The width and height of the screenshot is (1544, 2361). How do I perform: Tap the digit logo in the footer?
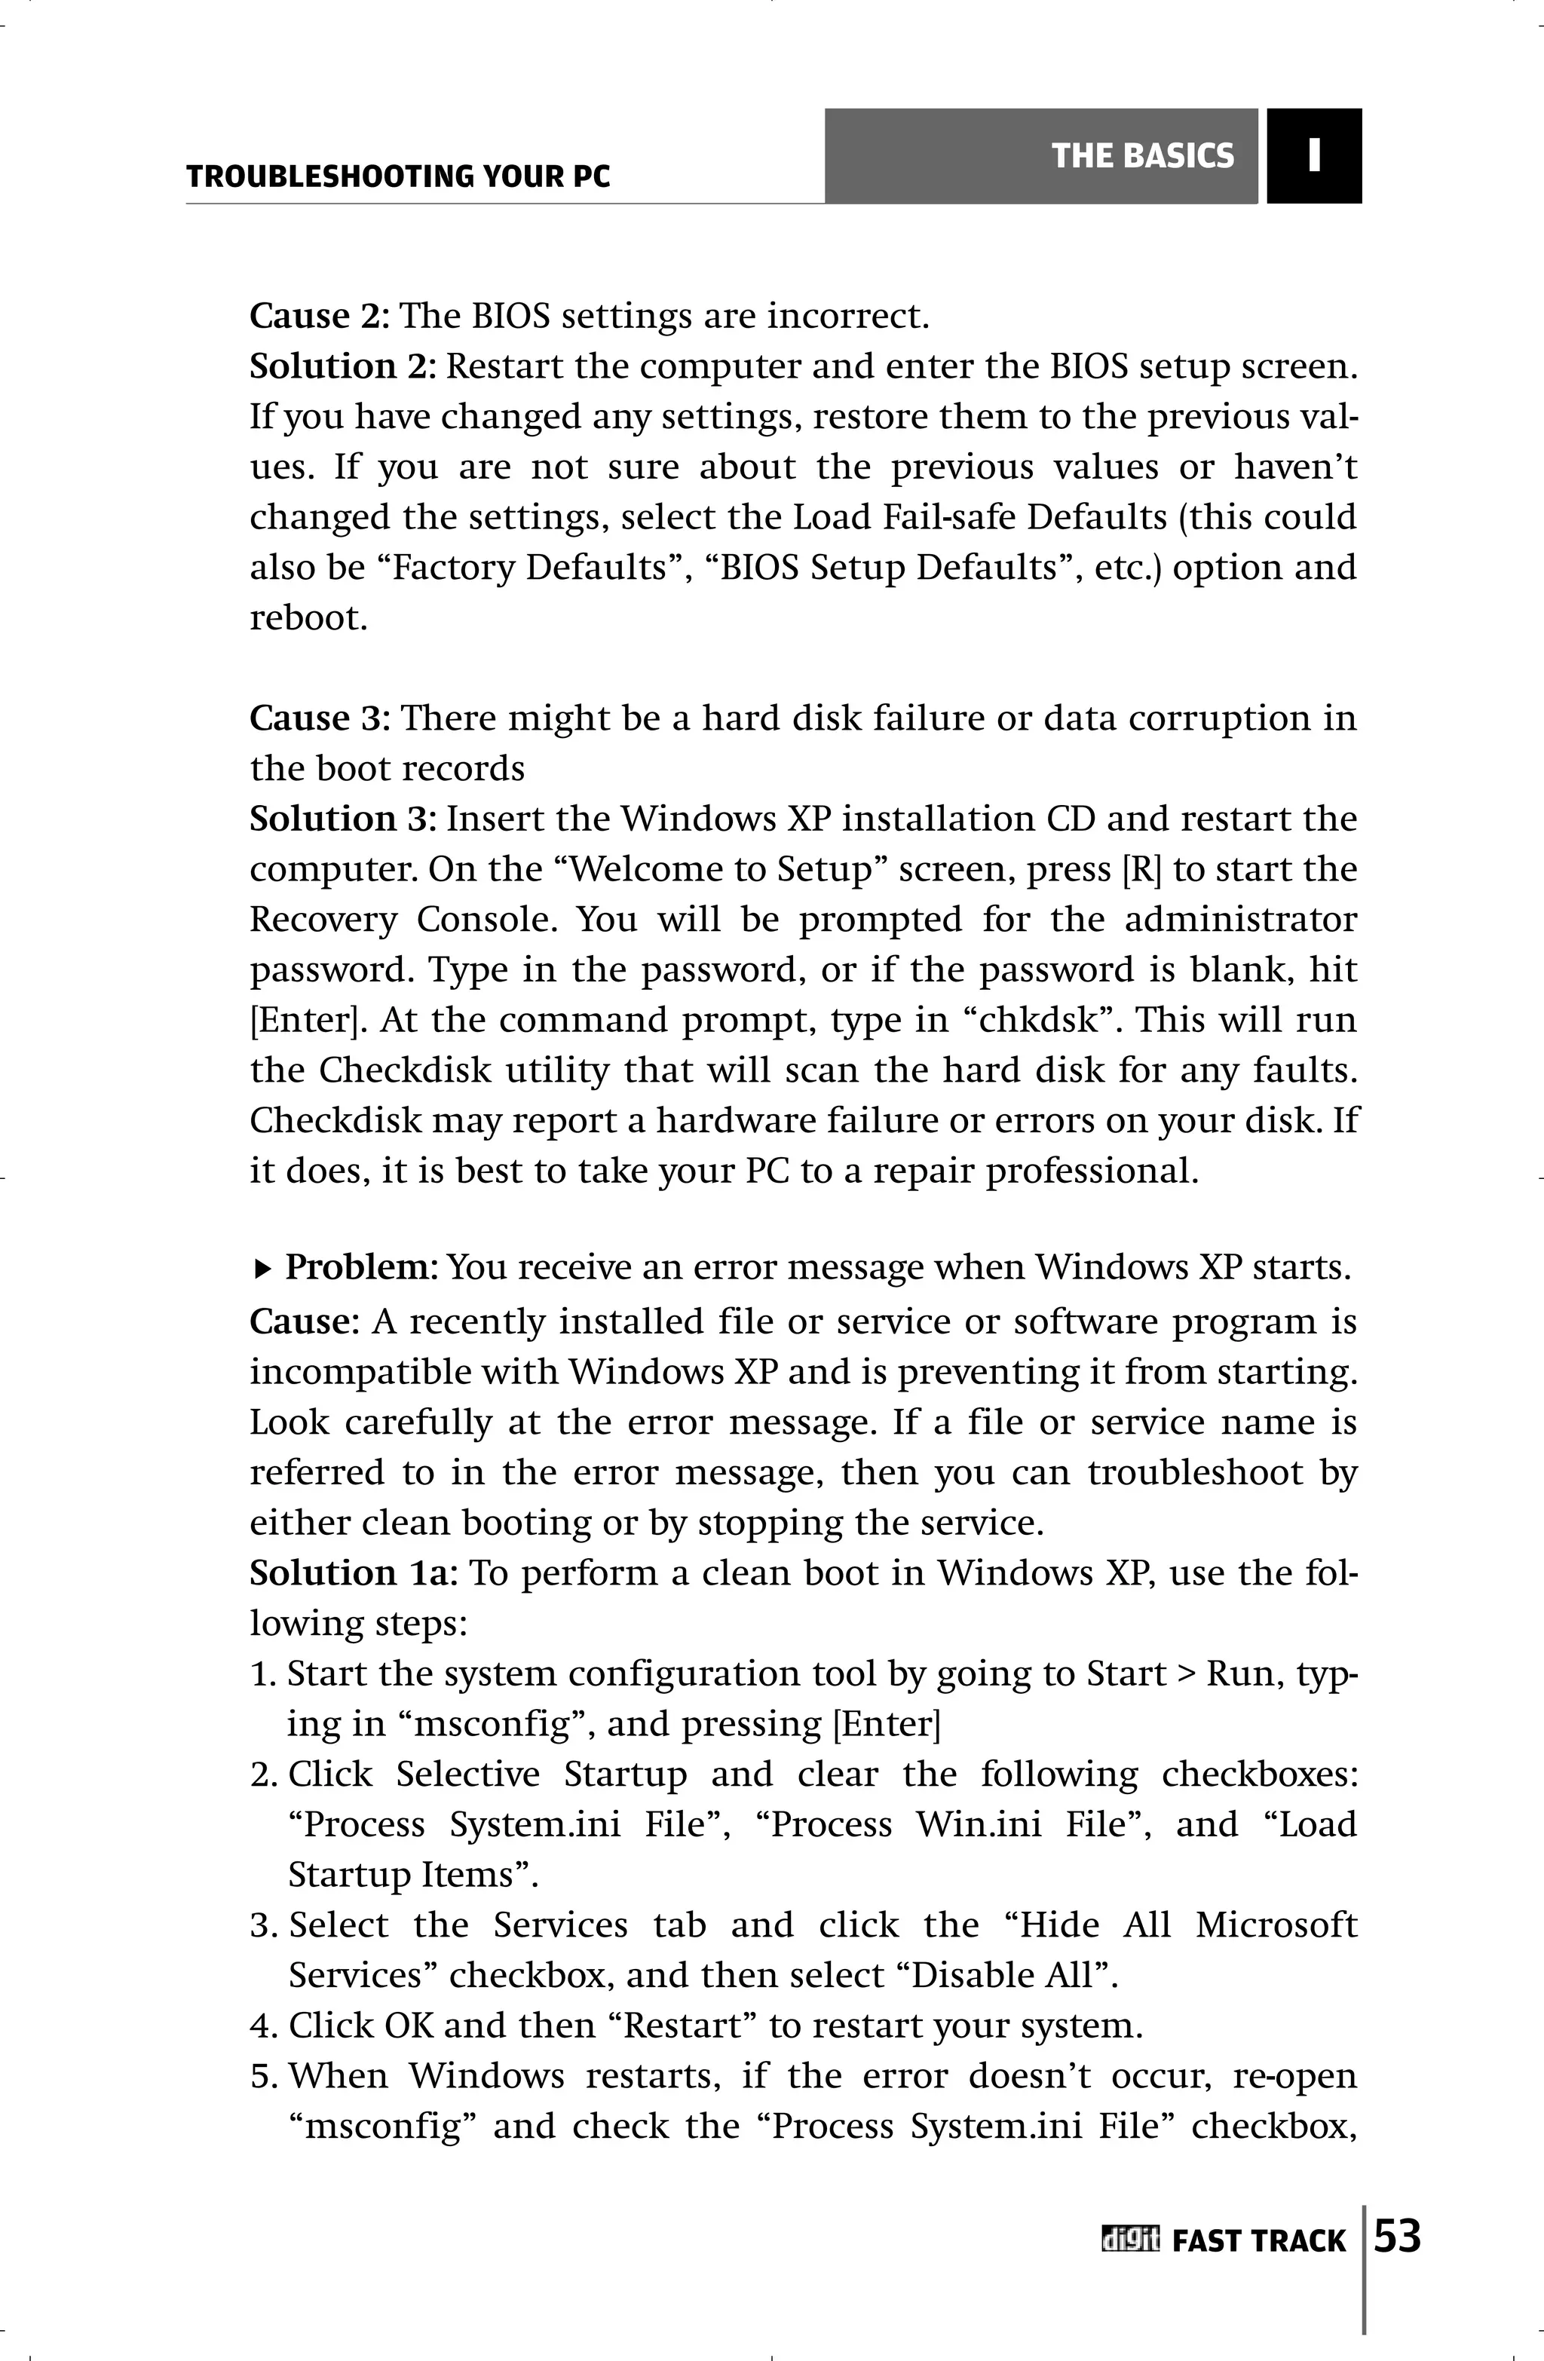[x=1129, y=2240]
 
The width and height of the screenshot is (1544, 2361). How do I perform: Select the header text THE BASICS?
[x=1142, y=156]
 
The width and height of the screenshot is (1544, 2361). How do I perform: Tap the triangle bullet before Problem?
[x=262, y=1268]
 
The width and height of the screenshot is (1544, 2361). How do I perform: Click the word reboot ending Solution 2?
[x=308, y=618]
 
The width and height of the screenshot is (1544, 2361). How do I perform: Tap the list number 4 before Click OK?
[x=261, y=2025]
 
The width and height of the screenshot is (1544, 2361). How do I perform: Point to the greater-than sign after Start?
[x=1186, y=1674]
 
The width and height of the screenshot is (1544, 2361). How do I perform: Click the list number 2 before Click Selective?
[x=262, y=1774]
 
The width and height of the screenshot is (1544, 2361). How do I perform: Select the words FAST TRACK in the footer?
[x=1258, y=2241]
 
